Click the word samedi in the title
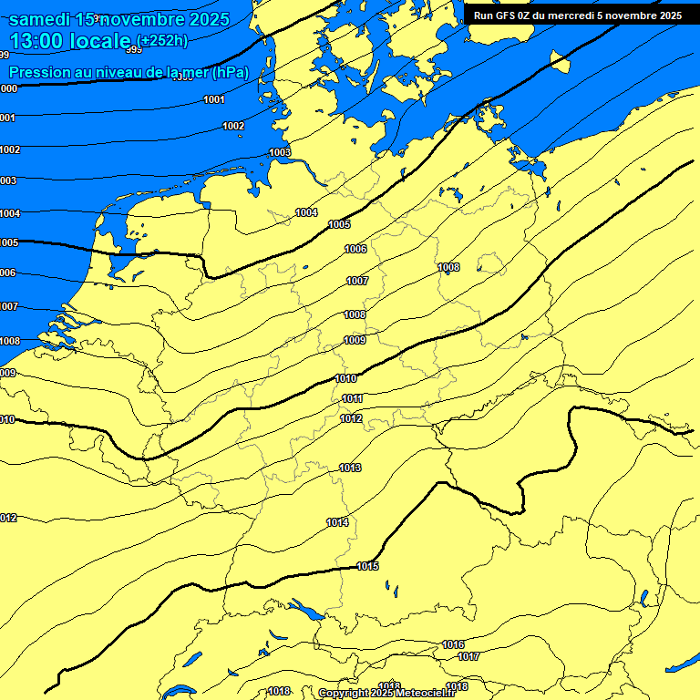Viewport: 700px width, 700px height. [x=45, y=17]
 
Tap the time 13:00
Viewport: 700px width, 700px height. [x=42, y=41]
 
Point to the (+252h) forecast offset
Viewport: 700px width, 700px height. [x=164, y=40]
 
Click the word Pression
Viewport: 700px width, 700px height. [x=38, y=72]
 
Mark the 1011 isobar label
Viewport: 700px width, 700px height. [x=353, y=398]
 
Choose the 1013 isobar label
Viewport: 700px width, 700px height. [x=350, y=468]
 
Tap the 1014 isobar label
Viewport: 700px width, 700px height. [x=337, y=522]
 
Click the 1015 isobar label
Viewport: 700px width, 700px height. [x=368, y=566]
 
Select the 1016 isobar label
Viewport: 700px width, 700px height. [x=453, y=644]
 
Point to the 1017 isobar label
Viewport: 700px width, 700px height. [x=468, y=656]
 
